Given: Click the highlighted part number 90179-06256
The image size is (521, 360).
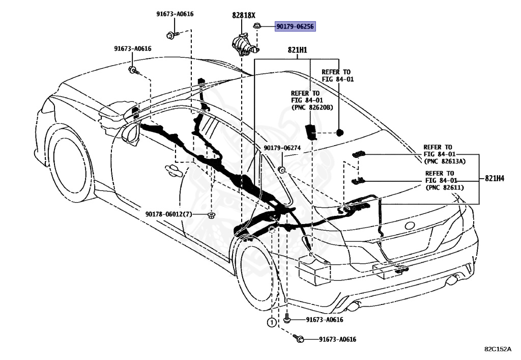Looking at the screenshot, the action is pos(295,26).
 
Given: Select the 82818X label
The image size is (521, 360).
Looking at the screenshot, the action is pos(244,15).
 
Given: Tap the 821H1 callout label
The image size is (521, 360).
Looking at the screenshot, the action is pos(297,50).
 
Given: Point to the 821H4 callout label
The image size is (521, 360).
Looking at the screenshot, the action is pos(495,179).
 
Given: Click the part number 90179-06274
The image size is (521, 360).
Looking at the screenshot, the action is pos(282,148).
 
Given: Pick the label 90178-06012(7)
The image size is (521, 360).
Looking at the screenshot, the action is pos(169,214).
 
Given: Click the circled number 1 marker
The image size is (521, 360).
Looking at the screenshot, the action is pos(272,322).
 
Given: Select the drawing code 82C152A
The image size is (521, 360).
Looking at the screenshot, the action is pos(498,349).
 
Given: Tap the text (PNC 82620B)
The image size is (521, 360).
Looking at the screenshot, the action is pos(312,107).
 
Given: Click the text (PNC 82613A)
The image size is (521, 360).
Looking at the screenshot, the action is pos(445,161).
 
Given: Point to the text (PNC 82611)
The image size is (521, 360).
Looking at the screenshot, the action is pos(445,187).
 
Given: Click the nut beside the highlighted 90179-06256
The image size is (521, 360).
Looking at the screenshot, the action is pos(257,25).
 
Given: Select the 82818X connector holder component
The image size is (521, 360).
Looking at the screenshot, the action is pos(245,45).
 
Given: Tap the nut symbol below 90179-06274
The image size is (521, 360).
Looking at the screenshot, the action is pos(282,170).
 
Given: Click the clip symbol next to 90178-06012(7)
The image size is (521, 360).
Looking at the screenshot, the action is pos(211,215).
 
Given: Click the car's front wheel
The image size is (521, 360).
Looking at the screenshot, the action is pos(68,162).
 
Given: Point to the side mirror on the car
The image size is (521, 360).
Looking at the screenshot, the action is pos(131,133).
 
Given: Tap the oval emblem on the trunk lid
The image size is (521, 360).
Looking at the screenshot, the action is pos(410,226).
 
